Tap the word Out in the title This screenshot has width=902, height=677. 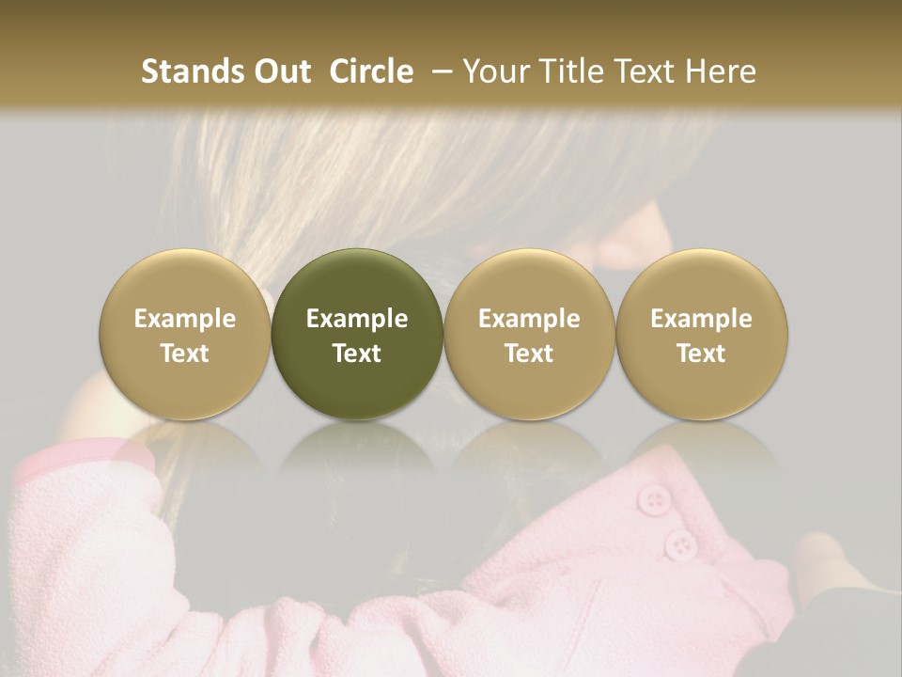pyautogui.click(x=282, y=71)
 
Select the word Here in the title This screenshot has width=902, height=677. pyautogui.click(x=722, y=71)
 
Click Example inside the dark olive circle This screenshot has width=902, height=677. pyautogui.click(x=357, y=319)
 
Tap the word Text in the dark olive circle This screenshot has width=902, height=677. pyautogui.click(x=357, y=354)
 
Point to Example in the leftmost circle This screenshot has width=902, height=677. pyautogui.click(x=185, y=319)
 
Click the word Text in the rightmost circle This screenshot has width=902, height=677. pyautogui.click(x=701, y=354)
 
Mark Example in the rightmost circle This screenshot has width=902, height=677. pyautogui.click(x=701, y=319)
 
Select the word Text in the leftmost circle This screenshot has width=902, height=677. pyautogui.click(x=185, y=354)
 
